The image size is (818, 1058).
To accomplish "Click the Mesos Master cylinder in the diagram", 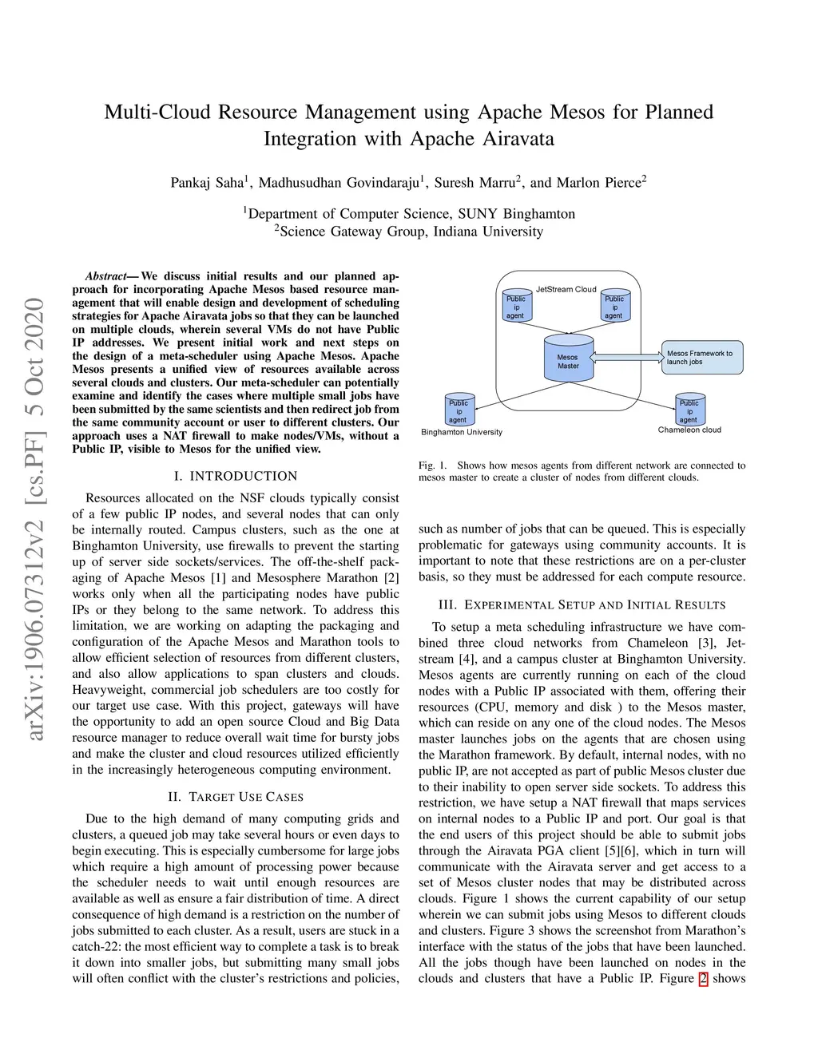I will [x=568, y=361].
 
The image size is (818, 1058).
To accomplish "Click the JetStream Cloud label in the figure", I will [x=566, y=289].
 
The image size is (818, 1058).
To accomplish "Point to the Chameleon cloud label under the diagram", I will [x=689, y=430].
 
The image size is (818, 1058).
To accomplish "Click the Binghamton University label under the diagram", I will [x=462, y=433].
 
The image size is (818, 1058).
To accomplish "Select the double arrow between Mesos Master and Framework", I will [x=627, y=357].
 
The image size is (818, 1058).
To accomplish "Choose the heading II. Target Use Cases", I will [x=236, y=797].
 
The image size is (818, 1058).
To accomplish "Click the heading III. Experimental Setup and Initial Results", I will [x=582, y=605].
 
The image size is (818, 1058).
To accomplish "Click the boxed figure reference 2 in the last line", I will [x=703, y=979].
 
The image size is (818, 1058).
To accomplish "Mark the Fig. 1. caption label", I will [x=432, y=466].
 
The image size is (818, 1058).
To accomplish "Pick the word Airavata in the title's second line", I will [x=518, y=139].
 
